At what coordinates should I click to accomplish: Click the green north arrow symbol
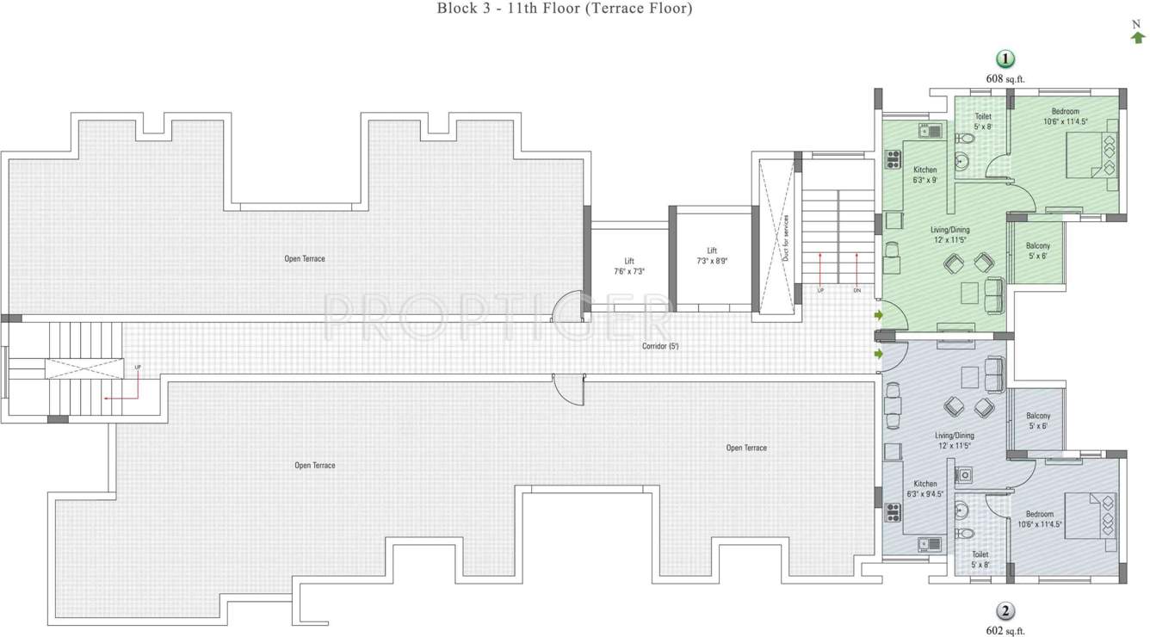click(x=1138, y=37)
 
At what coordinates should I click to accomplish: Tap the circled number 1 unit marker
click(x=1005, y=59)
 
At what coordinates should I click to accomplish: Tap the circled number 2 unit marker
click(x=1005, y=611)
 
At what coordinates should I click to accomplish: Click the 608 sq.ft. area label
click(x=1005, y=78)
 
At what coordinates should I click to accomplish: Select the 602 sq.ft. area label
click(x=1005, y=630)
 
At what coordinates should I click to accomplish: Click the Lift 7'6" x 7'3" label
click(x=629, y=266)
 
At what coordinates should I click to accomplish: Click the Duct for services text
click(x=786, y=238)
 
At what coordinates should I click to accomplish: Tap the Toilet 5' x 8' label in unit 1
click(x=982, y=121)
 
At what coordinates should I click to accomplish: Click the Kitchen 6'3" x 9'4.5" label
click(x=925, y=489)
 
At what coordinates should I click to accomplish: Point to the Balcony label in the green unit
click(x=1038, y=250)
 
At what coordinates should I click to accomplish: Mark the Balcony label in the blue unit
click(x=1038, y=421)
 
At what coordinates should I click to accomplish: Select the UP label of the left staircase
click(x=138, y=368)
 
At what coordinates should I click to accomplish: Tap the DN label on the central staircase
click(x=856, y=291)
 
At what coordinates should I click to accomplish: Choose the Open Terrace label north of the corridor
click(x=305, y=258)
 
